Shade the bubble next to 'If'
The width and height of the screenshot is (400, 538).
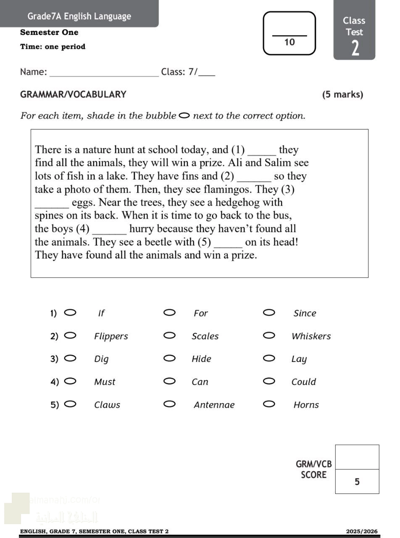71,312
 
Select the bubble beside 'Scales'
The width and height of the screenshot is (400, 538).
169,335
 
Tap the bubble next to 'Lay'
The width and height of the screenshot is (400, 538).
269,358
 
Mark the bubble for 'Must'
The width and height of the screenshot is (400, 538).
71,381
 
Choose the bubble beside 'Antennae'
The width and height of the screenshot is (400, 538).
169,404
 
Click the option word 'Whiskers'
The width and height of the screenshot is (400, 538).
311,336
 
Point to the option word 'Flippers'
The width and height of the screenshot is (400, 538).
111,336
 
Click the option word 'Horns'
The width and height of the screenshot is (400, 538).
306,405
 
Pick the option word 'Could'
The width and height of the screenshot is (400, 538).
303,382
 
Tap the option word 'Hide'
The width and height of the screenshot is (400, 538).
201,359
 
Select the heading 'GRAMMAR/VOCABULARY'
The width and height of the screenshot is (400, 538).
73,95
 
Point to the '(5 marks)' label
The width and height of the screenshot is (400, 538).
342,95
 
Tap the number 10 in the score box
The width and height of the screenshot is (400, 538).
289,42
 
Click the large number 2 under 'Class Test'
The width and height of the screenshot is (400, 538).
355,48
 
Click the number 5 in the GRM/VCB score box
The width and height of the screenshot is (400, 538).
357,482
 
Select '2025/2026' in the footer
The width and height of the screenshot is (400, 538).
362,531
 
